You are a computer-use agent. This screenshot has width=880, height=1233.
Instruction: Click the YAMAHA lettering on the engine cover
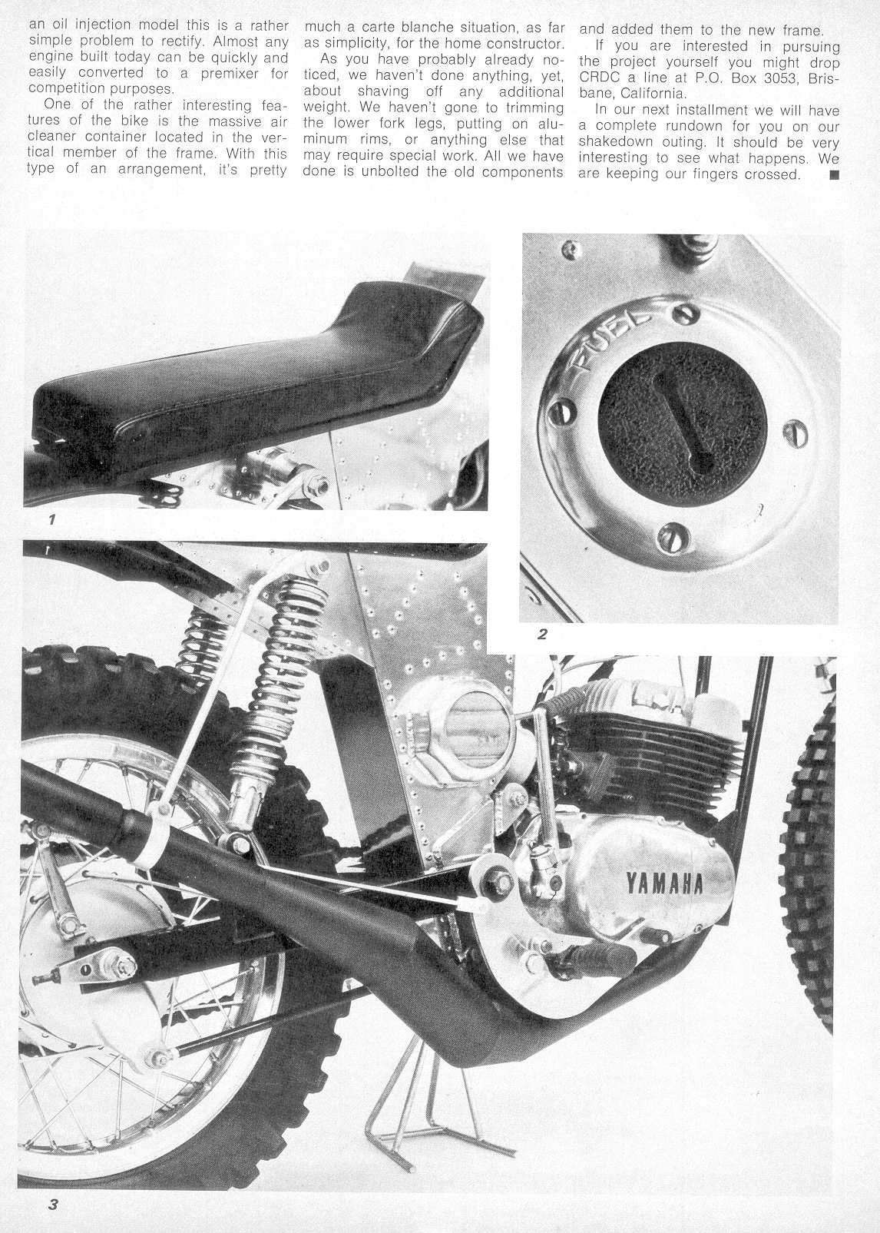pyautogui.click(x=665, y=883)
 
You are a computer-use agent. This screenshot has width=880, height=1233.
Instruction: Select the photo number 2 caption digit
pyautogui.click(x=542, y=635)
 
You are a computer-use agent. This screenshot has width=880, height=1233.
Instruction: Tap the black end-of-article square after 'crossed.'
pyautogui.click(x=835, y=175)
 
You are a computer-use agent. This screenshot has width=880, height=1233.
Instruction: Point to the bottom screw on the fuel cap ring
pyautogui.click(x=673, y=533)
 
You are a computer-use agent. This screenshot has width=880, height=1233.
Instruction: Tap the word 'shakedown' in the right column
pyautogui.click(x=617, y=142)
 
